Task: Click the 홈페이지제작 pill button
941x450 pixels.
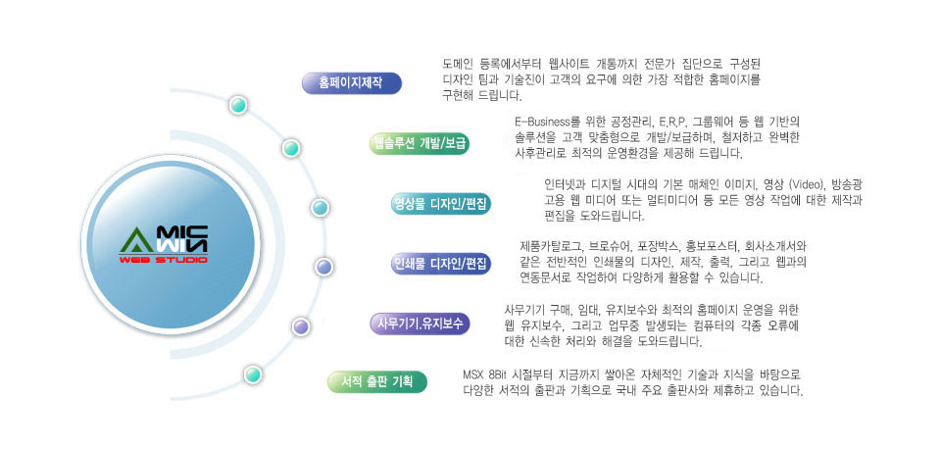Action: (x=351, y=83)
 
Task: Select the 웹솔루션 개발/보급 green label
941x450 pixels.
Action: (x=419, y=143)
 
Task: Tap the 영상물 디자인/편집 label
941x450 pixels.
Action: (x=440, y=203)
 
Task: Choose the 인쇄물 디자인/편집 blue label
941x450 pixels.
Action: (x=440, y=264)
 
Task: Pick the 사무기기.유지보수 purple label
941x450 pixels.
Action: (x=420, y=324)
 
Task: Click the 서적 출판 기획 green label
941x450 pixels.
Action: (x=377, y=381)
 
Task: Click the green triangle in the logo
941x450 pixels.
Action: (x=137, y=241)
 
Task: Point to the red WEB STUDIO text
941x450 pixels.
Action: (x=164, y=260)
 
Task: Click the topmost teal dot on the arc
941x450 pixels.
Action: (x=238, y=105)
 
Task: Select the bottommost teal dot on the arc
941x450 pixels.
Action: (x=253, y=375)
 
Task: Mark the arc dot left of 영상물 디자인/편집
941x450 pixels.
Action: (x=320, y=208)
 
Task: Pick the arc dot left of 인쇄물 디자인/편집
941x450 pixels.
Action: (x=323, y=267)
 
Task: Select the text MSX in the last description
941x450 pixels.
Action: (x=472, y=375)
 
